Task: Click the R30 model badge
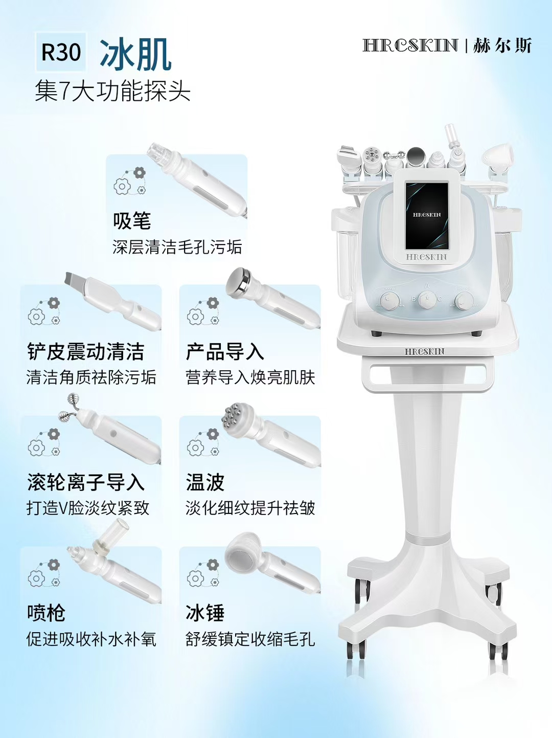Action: point(61,52)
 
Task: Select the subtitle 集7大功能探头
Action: point(112,92)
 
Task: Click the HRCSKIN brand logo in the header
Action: point(410,46)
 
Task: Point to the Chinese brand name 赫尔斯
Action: point(502,46)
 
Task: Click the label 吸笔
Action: point(132,221)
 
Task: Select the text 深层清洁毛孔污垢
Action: point(177,247)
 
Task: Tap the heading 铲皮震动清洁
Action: point(85,352)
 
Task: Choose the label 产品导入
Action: point(224,352)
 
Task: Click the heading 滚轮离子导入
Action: point(85,482)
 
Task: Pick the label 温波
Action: point(205,482)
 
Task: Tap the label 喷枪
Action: point(46,613)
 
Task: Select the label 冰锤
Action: point(205,613)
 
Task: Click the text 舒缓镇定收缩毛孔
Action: point(250,639)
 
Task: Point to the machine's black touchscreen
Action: point(427,215)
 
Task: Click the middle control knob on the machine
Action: point(427,299)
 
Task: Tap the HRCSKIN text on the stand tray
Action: point(425,352)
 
